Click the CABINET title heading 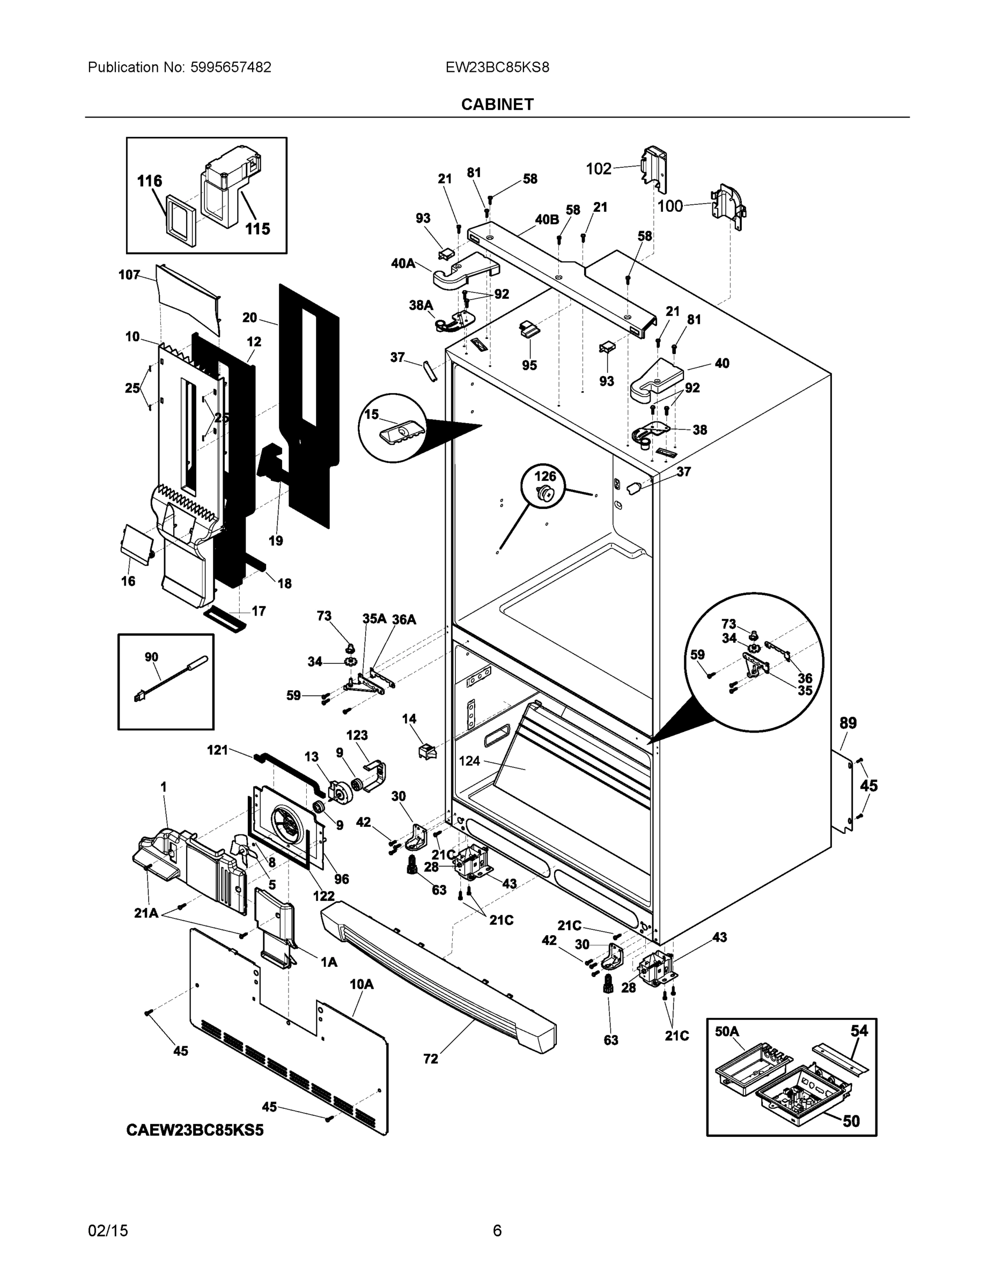(x=497, y=105)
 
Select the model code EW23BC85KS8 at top (x=497, y=67)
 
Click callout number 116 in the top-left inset (x=149, y=181)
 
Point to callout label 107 (x=129, y=275)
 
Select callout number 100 (x=669, y=206)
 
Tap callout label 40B (x=547, y=220)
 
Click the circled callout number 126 (x=544, y=476)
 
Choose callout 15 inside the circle (x=371, y=415)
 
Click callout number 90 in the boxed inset (x=151, y=657)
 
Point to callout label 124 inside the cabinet (x=469, y=761)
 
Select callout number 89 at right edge (x=847, y=722)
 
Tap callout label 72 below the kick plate (x=431, y=1059)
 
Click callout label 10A (x=362, y=984)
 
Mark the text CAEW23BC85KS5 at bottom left (x=195, y=1130)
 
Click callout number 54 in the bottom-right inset (x=859, y=1031)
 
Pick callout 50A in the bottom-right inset (x=727, y=1031)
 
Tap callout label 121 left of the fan (x=218, y=750)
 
